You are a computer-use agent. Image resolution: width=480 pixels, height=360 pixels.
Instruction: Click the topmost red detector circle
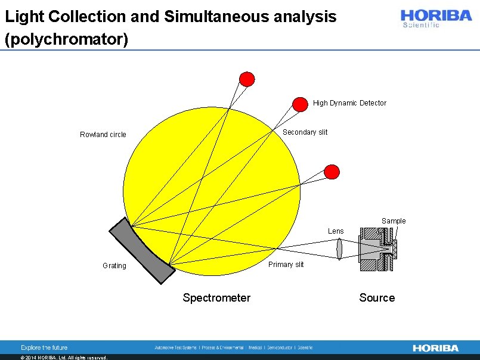coord(247,79)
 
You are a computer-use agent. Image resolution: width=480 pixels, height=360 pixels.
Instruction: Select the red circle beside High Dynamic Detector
coord(300,104)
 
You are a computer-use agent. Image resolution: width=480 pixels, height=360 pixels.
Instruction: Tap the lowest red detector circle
coord(332,172)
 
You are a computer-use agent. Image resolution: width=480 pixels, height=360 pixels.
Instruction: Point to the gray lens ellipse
coord(339,248)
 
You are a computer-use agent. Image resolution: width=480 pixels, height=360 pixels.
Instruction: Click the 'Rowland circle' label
coord(103,135)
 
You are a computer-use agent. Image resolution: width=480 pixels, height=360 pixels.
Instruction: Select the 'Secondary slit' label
coord(305,132)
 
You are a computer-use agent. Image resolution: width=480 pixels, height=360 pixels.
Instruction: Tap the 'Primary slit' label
coord(286,265)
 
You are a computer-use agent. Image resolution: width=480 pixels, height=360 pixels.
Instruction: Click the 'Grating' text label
coord(114,266)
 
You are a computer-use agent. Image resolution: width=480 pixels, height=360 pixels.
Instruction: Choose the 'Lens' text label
coord(336,231)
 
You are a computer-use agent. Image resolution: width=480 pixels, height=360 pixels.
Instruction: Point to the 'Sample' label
coord(394,221)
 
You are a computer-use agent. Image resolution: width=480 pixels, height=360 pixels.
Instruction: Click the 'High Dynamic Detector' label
coord(349,103)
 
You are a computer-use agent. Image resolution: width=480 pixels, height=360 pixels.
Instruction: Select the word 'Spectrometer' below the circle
coord(216,297)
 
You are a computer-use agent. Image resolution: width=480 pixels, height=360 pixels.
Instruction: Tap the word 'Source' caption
coord(377,297)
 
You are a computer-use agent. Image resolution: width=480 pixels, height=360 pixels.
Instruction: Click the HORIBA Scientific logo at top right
coord(436,18)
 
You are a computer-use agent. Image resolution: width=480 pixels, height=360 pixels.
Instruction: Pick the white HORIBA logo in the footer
coord(436,347)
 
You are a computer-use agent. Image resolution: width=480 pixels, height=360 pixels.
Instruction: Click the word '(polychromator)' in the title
coord(66,39)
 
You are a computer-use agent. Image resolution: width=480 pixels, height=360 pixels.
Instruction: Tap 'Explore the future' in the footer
coord(44,347)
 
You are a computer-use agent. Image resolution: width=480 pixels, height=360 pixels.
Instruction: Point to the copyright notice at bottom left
coord(64,358)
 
